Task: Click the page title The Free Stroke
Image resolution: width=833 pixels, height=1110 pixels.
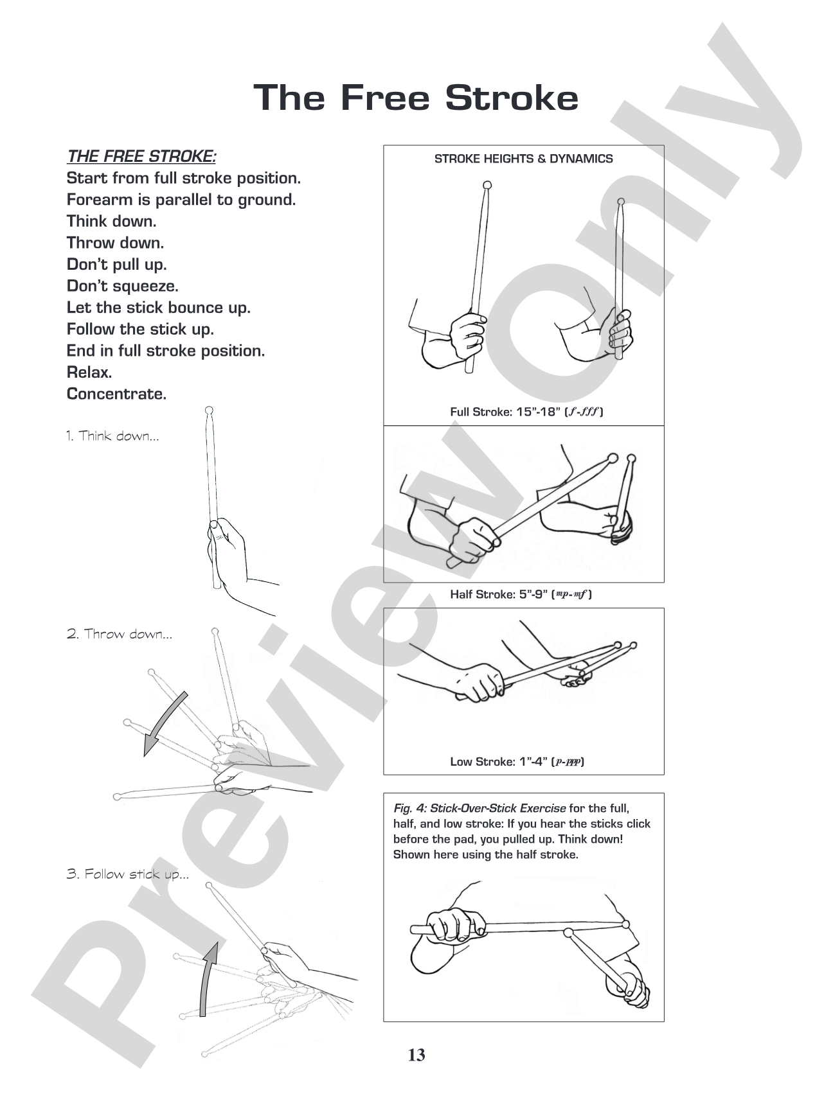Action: tap(416, 98)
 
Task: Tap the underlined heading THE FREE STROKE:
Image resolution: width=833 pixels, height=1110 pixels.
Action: tap(141, 156)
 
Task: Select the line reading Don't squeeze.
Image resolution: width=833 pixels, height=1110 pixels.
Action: tap(123, 286)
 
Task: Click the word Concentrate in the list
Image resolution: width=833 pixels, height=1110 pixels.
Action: tap(116, 394)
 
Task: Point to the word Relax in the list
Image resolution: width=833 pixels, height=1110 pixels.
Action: tap(89, 372)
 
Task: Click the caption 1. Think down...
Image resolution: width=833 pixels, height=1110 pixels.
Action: tap(112, 436)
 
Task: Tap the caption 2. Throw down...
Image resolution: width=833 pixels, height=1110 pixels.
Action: tap(120, 634)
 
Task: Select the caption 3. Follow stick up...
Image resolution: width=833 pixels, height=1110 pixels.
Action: tap(128, 874)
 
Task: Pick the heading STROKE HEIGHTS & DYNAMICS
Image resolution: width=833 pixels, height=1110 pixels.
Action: tap(524, 159)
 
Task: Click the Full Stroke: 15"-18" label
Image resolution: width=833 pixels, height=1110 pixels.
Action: tap(526, 412)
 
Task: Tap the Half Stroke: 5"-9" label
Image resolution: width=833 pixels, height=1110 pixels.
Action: tap(521, 594)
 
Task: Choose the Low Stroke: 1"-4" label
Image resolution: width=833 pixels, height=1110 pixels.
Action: tap(517, 762)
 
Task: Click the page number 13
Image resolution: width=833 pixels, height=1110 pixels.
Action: tap(416, 1055)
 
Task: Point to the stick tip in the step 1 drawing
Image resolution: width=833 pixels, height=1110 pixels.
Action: tap(208, 410)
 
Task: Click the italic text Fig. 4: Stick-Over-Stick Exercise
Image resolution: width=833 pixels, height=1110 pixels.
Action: tap(479, 808)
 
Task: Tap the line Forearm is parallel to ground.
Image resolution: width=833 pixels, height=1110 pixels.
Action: tap(181, 200)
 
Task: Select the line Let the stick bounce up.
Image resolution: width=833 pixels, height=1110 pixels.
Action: tap(159, 308)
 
